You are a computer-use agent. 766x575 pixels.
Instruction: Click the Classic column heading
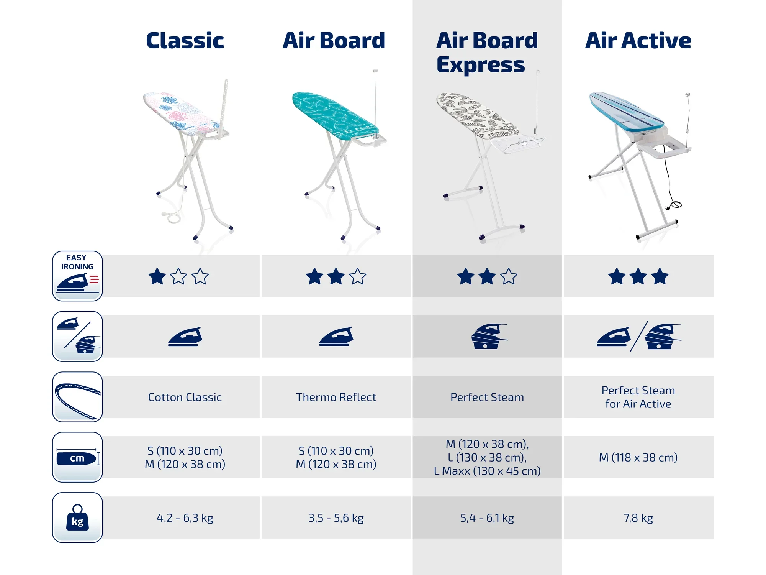(x=185, y=41)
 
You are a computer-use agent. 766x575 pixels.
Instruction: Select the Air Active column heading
(x=638, y=41)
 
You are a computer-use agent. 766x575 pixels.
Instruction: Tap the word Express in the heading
(x=481, y=65)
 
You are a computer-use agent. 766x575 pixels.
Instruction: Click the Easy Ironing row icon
(x=77, y=276)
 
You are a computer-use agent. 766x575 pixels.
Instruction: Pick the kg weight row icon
(x=77, y=517)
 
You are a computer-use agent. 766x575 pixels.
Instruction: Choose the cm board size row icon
(x=77, y=457)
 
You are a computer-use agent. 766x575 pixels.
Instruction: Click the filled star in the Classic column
(x=157, y=276)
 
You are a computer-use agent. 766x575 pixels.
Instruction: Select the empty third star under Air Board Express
(x=509, y=276)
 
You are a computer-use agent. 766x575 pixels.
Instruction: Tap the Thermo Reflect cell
(x=336, y=397)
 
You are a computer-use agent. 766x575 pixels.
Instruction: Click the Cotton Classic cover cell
(x=185, y=397)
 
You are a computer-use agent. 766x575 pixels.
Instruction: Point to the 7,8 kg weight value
(x=638, y=518)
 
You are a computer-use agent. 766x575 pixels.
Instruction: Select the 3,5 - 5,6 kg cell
(x=336, y=518)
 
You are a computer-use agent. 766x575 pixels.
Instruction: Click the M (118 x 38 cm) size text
(x=638, y=457)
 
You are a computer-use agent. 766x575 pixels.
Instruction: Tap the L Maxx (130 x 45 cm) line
(x=487, y=471)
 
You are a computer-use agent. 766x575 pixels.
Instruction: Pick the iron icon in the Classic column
(x=185, y=337)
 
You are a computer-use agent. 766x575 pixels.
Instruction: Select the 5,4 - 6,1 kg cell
(x=487, y=518)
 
